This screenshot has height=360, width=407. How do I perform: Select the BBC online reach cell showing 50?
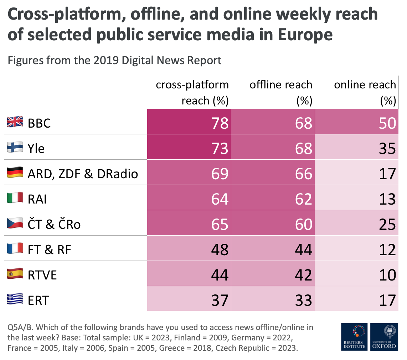(x=387, y=123)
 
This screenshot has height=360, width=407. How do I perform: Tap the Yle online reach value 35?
(x=387, y=148)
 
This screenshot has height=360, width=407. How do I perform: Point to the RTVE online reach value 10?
(x=387, y=275)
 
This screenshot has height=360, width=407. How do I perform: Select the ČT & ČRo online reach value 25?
(x=387, y=224)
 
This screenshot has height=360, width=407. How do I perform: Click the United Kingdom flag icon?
(x=15, y=122)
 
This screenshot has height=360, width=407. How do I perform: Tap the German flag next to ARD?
(x=15, y=173)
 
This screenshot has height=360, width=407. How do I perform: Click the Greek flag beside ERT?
(x=15, y=299)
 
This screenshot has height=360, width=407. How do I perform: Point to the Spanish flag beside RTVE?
(x=15, y=274)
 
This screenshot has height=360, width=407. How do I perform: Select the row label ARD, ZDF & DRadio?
(x=83, y=174)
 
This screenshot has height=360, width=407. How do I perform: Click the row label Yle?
(x=36, y=148)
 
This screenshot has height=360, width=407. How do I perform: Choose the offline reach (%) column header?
(x=281, y=92)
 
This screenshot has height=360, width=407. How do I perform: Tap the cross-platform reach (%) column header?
(x=192, y=92)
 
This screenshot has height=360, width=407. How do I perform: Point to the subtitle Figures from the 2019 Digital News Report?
(x=114, y=60)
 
